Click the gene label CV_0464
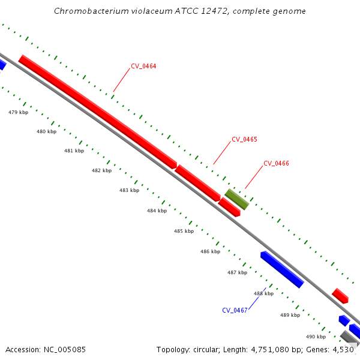(143, 66)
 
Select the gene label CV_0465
(244, 139)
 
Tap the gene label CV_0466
(276, 163)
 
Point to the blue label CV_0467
(235, 310)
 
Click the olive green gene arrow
(237, 199)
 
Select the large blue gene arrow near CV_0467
(282, 269)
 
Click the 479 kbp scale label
(18, 112)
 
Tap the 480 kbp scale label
(46, 131)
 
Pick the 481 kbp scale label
(74, 151)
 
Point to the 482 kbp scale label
(101, 170)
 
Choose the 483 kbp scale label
(129, 190)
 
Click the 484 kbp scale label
(157, 211)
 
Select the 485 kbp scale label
(184, 231)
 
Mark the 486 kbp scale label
(210, 251)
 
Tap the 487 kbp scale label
(237, 272)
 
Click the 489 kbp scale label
(290, 315)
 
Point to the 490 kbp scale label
(316, 337)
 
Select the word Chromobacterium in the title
(85, 11)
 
